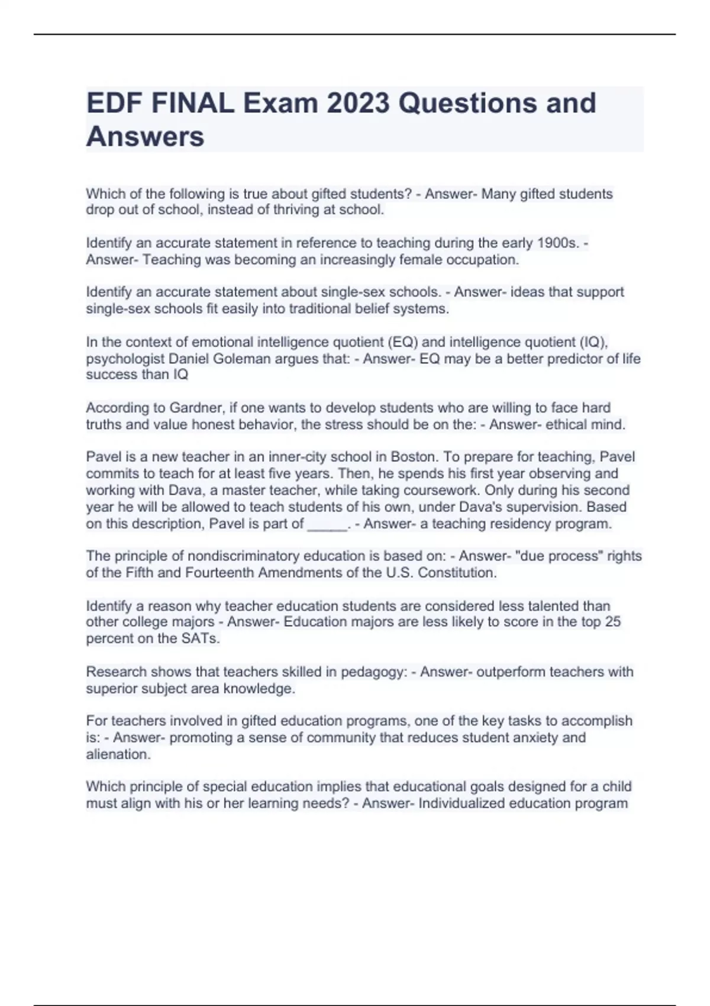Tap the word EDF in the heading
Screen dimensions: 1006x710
(x=115, y=104)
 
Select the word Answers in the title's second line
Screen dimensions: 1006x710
(x=146, y=137)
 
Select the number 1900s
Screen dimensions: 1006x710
(x=557, y=243)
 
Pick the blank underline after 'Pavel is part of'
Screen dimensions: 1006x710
(x=327, y=524)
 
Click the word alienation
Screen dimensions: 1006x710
(x=118, y=754)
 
